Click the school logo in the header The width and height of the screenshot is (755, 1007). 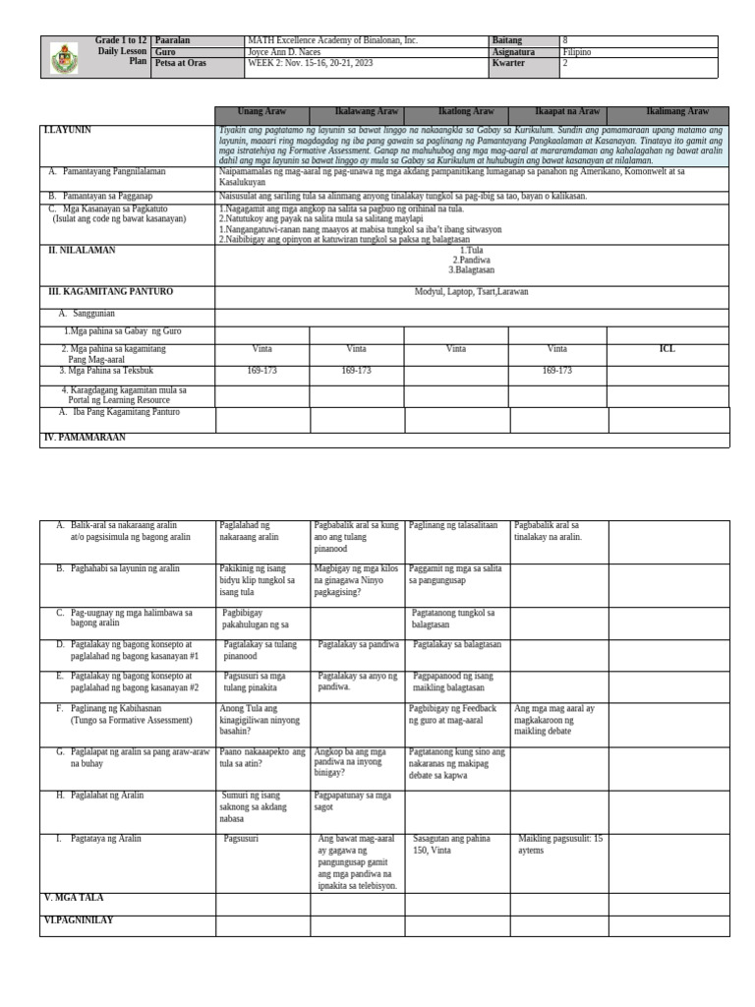pyautogui.click(x=62, y=58)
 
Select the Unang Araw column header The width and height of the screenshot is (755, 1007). pyautogui.click(x=262, y=113)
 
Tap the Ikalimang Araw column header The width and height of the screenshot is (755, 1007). pyautogui.click(x=676, y=113)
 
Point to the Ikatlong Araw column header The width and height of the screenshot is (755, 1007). pyautogui.click(x=455, y=113)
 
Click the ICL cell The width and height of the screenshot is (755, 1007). pyautogui.click(x=667, y=349)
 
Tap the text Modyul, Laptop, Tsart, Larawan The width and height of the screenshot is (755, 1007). pyautogui.click(x=472, y=292)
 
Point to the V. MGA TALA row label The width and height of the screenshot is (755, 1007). pyautogui.click(x=75, y=898)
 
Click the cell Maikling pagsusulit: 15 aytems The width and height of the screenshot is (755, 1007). pyautogui.click(x=560, y=845)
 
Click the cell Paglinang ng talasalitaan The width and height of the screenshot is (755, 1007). pyautogui.click(x=454, y=526)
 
